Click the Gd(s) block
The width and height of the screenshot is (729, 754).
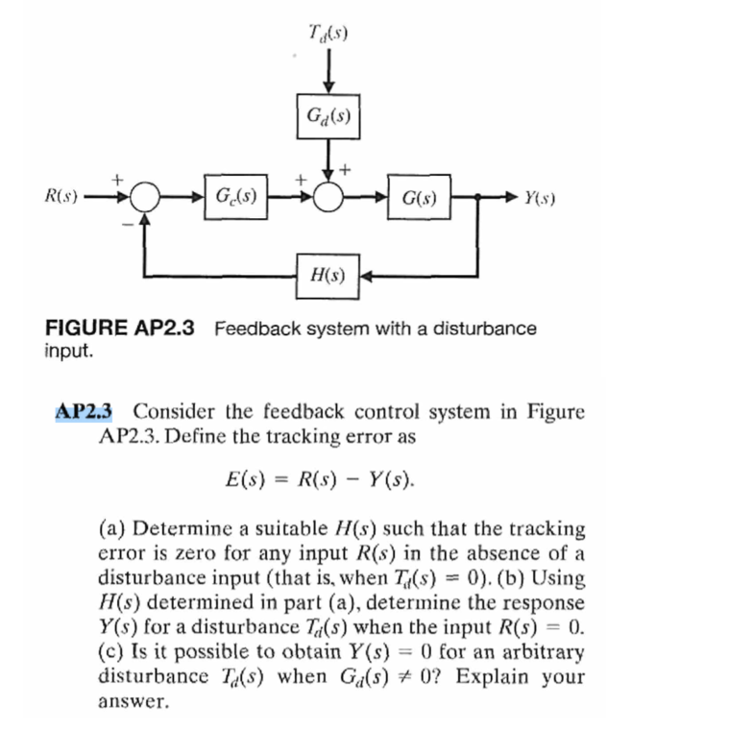(328, 117)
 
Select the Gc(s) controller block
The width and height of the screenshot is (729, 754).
(235, 199)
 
